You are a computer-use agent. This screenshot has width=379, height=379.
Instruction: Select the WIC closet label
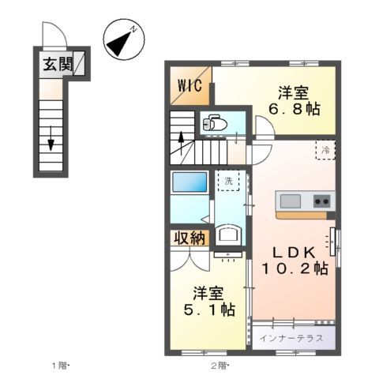[x=190, y=86]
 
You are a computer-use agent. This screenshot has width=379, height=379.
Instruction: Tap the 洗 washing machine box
[x=227, y=181]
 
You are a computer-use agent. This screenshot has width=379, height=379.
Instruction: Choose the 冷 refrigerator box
[x=325, y=148]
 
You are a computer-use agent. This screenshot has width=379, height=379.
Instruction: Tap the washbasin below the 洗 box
[x=229, y=234]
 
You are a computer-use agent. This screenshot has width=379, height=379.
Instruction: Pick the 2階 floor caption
[x=219, y=365]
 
